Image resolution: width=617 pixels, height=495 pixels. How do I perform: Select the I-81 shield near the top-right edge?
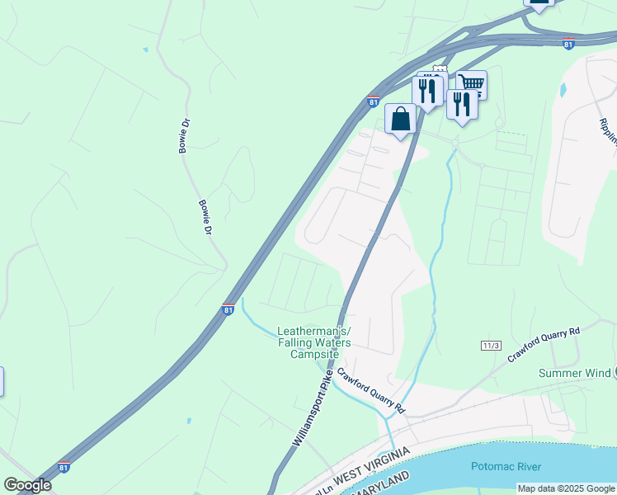pos(568,45)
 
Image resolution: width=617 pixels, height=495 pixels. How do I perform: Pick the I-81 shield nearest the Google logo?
pos(64,468)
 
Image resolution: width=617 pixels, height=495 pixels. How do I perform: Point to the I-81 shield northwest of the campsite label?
pos(228,310)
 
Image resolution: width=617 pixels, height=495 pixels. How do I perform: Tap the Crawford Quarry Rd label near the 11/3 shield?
pos(544,346)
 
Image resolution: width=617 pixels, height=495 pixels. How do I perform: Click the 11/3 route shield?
pos(491,344)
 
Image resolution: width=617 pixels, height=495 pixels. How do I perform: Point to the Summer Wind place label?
pos(575,373)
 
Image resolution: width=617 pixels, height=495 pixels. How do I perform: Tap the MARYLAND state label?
pos(379,485)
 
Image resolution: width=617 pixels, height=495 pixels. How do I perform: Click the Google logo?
pos(27,485)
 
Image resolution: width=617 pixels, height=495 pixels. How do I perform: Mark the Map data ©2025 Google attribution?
pos(567,488)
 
